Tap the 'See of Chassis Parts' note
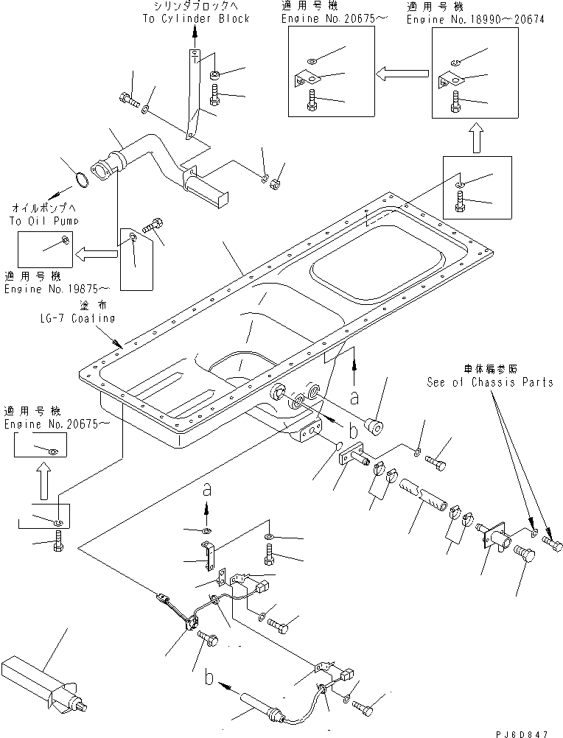click(x=489, y=382)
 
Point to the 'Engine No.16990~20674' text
click(x=475, y=20)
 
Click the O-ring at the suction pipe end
click(x=85, y=179)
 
